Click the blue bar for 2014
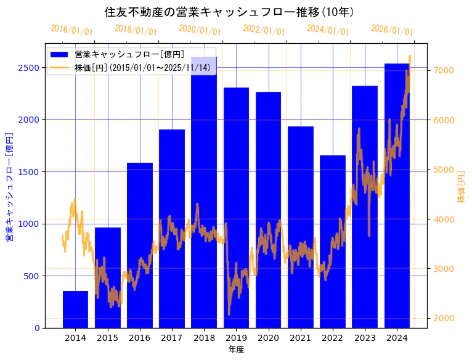click(x=75, y=309)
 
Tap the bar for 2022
click(x=333, y=241)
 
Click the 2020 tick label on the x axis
click(x=269, y=338)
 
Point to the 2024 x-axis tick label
click(x=397, y=338)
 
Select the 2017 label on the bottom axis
click(x=172, y=338)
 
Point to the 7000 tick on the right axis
click(x=444, y=70)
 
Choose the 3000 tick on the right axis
click(x=444, y=269)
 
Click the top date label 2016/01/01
click(x=71, y=30)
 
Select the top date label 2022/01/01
click(x=264, y=30)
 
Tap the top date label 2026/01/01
click(x=392, y=30)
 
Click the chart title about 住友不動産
click(x=229, y=12)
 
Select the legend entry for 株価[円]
click(x=142, y=67)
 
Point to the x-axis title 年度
click(x=236, y=350)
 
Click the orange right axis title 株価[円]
click(x=462, y=187)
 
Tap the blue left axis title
click(x=9, y=186)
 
